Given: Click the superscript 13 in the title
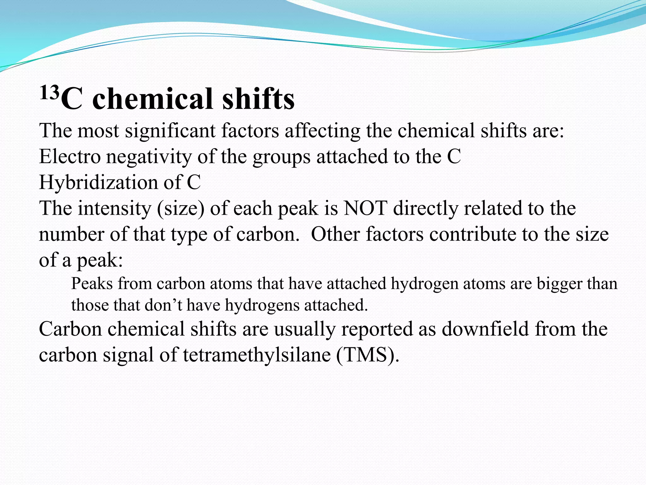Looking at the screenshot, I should click(x=50, y=93).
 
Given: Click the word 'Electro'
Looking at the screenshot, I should click(x=70, y=157).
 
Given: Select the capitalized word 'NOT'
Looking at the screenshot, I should click(x=365, y=208).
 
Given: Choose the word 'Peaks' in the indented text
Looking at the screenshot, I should click(x=92, y=284).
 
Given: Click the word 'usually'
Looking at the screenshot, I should click(x=304, y=329).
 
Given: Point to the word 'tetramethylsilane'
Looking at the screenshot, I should click(x=257, y=355).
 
